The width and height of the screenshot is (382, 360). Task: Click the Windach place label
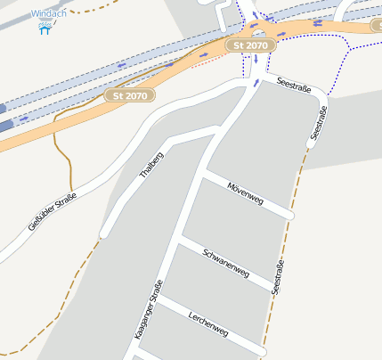coord(48,14)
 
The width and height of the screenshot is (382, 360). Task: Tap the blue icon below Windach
coord(45,29)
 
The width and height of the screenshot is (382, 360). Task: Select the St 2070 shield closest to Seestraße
coord(249,45)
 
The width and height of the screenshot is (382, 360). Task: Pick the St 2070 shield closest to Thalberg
coord(130,94)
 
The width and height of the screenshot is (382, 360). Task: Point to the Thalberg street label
coord(153,161)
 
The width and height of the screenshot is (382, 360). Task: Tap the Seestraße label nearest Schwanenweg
coord(279,278)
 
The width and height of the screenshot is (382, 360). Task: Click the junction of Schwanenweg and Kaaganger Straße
coord(181,241)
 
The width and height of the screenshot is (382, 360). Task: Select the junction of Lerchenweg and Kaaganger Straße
coord(161,300)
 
